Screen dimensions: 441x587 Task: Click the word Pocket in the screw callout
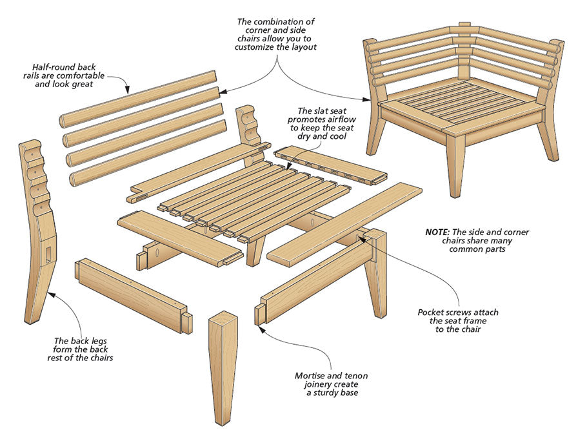[x=433, y=313]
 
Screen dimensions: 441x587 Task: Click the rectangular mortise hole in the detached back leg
[x=48, y=253]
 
